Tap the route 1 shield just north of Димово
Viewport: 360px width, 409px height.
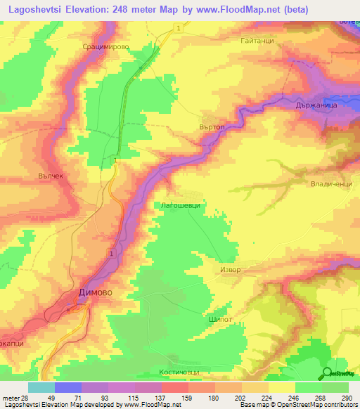click(110, 252)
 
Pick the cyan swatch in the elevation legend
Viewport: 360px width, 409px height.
click(41, 387)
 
